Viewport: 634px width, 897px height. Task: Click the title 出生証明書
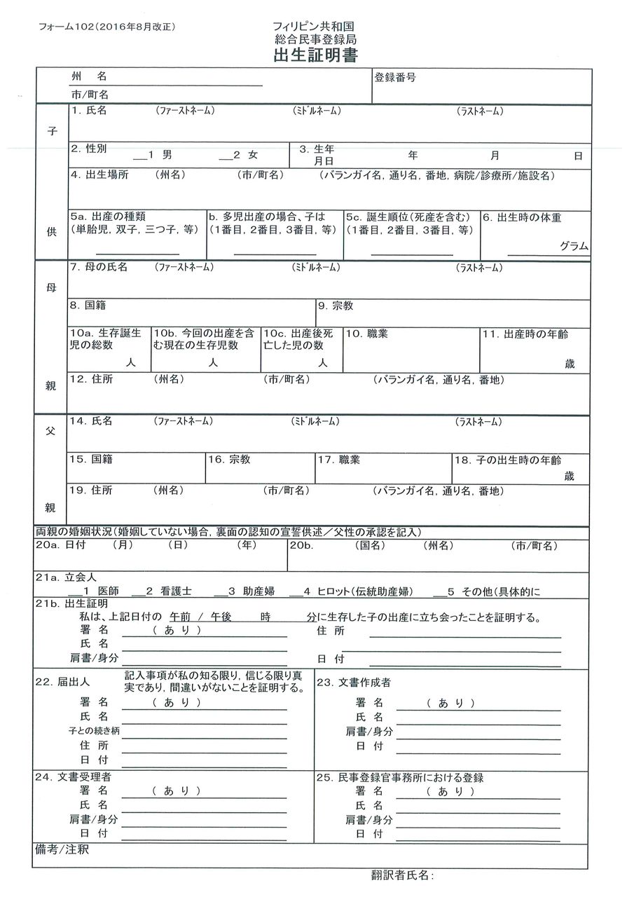pyautogui.click(x=316, y=57)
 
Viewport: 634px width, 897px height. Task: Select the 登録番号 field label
pyautogui.click(x=395, y=77)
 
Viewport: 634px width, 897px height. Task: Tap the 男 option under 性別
pyautogui.click(x=166, y=154)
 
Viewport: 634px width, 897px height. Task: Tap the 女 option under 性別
pyautogui.click(x=253, y=154)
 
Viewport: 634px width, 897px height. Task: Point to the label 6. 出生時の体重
pyautogui.click(x=522, y=218)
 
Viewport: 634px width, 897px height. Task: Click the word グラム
pyautogui.click(x=574, y=246)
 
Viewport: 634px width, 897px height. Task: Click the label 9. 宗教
pyautogui.click(x=336, y=306)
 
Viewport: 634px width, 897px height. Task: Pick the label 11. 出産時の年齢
pyautogui.click(x=525, y=334)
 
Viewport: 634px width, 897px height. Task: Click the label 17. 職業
pyautogui.click(x=338, y=460)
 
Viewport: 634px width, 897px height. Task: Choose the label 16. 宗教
pyautogui.click(x=229, y=460)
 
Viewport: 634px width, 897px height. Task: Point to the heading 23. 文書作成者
pyautogui.click(x=354, y=682)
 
